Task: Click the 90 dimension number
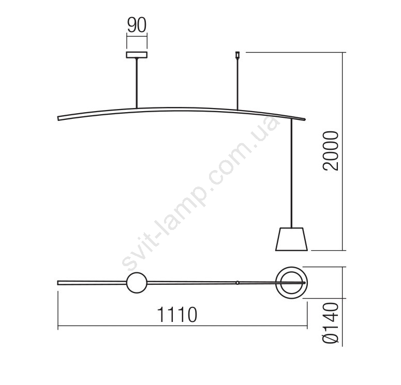(x=137, y=25)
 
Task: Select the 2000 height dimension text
(x=331, y=151)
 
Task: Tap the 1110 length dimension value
(x=177, y=315)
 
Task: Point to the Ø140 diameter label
(x=331, y=323)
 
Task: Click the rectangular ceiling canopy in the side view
(x=137, y=55)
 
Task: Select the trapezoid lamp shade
(x=291, y=239)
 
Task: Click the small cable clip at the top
(x=237, y=55)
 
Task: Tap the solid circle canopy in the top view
(x=137, y=283)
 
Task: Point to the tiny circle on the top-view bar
(x=237, y=283)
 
